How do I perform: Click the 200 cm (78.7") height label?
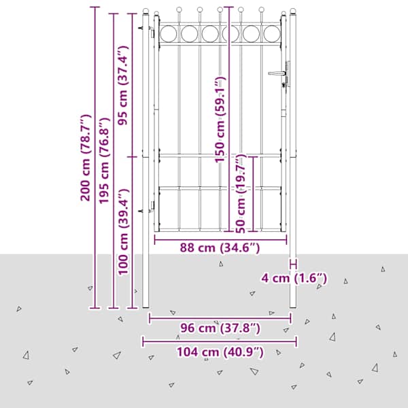pos(86,158)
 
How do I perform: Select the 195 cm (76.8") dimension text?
pos(104,160)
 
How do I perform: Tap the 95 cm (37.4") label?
pos(123,86)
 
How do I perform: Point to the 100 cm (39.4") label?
pos(123,232)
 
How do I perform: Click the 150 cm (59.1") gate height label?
pos(220,120)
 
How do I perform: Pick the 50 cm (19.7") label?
pos(241,194)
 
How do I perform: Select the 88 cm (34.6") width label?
pos(220,248)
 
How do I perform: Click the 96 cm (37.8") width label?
pos(220,328)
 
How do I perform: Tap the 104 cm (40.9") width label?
pos(220,352)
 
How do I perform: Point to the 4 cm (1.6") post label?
pos(294,278)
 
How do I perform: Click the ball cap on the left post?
pos(146,11)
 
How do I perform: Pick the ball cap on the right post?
pos(293,11)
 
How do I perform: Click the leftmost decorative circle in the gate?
pos(169,33)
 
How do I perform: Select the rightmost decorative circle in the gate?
pos(272,33)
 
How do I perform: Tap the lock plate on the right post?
pos(288,74)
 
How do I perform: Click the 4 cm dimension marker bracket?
pos(293,265)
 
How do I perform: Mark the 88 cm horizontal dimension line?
pos(220,239)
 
